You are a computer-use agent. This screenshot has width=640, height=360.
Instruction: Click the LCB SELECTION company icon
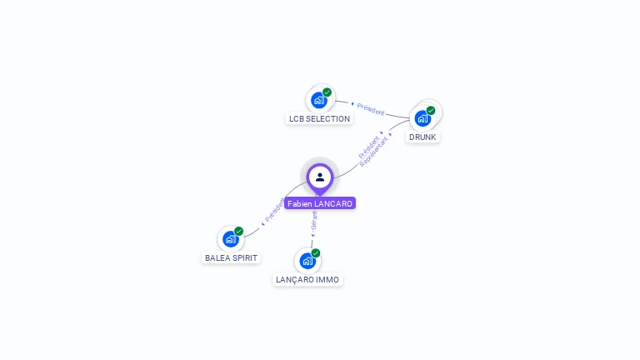(319, 100)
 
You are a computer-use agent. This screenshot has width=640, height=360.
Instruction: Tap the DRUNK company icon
(422, 117)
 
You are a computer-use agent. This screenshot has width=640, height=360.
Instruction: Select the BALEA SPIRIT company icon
(231, 239)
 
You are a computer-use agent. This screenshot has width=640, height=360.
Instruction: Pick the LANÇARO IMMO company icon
(307, 261)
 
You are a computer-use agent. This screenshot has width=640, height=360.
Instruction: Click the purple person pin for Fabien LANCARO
(320, 177)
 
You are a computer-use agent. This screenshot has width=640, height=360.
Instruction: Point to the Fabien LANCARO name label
(320, 203)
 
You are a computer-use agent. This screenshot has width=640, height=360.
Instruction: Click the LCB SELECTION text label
(319, 119)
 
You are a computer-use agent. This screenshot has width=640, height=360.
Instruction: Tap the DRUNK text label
(422, 137)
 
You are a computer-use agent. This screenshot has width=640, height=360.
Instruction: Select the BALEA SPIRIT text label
(231, 258)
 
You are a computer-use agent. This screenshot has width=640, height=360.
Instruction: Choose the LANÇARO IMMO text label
(307, 280)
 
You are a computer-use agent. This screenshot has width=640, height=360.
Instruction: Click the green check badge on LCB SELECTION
(327, 92)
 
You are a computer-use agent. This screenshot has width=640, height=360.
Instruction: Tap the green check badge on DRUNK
(431, 110)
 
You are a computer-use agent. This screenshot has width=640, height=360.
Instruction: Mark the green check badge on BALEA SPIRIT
(239, 231)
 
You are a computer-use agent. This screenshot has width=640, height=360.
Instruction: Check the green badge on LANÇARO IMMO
(316, 252)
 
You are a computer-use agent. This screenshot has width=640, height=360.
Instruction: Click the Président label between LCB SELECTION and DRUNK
(371, 109)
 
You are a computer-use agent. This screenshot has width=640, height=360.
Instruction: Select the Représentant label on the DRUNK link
(374, 152)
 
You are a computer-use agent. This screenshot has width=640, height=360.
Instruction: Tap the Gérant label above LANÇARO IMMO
(314, 222)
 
